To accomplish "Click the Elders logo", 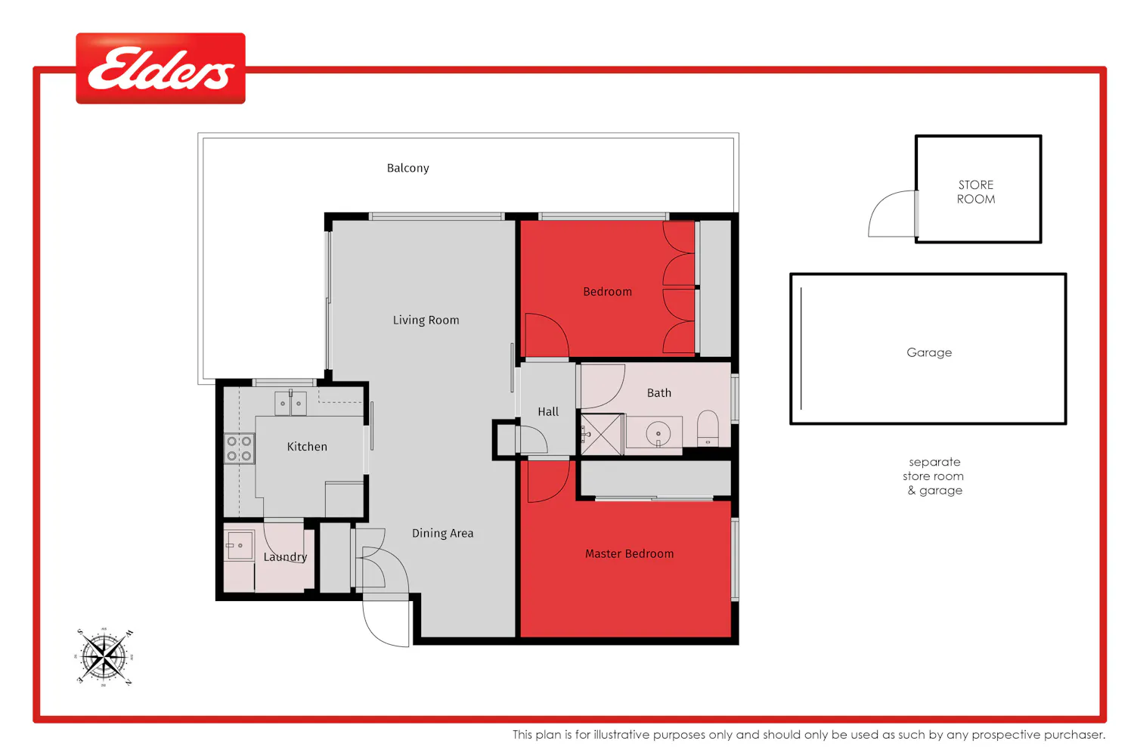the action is tap(160, 68).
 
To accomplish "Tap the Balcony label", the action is tap(408, 168).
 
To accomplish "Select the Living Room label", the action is tap(426, 320).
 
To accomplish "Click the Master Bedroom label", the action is tap(629, 554).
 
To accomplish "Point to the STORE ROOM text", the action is tap(976, 192).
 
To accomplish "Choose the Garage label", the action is tap(929, 352).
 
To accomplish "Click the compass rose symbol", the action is tap(104, 657).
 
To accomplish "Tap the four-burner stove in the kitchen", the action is tap(240, 448).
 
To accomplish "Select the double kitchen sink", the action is tap(290, 403).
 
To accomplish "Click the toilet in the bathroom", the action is tap(708, 429).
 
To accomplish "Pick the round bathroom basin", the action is tap(658, 434).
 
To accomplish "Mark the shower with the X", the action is tap(602, 434).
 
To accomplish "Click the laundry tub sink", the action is tap(239, 545).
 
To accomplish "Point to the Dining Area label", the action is tap(443, 533).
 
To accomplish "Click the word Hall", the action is tap(548, 412).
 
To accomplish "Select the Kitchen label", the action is tap(307, 447).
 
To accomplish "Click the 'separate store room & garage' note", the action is tap(934, 476).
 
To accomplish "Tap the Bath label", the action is tap(659, 393).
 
